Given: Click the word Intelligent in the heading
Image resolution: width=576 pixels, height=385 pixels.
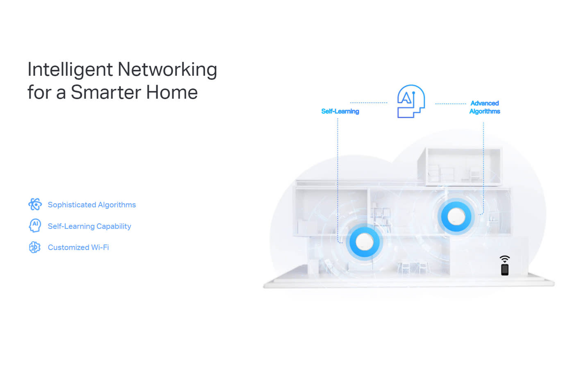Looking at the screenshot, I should tap(70, 70).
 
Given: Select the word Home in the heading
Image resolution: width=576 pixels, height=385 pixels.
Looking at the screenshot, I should tap(172, 93).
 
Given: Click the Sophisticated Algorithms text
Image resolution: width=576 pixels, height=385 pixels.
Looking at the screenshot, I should tap(92, 205).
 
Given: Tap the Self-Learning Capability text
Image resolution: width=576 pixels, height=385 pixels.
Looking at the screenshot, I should tap(89, 226).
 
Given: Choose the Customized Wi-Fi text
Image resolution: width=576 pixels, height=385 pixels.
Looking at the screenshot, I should tap(78, 247).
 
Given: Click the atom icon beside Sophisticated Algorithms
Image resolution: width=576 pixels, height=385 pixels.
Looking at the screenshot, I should tap(35, 204).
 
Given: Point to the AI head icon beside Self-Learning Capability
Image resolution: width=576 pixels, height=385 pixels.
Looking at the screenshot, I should tap(35, 225).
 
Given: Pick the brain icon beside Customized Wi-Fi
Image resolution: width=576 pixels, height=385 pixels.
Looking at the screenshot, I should tap(35, 247).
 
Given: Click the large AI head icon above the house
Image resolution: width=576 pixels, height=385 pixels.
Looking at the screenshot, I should tap(410, 101).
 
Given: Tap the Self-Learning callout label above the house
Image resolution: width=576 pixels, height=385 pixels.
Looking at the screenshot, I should tap(340, 111).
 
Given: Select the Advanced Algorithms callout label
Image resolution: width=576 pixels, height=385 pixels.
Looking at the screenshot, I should tap(485, 107).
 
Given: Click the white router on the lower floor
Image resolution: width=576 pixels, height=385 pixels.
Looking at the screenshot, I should tap(364, 242).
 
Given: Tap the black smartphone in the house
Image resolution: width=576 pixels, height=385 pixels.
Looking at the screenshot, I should tap(505, 269).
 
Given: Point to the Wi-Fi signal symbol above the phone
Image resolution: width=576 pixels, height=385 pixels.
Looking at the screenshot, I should tap(505, 259).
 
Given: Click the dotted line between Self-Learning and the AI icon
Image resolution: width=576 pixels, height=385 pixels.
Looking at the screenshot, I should tap(369, 103).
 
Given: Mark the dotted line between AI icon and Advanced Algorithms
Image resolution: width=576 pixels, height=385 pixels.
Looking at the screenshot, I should tap(451, 104).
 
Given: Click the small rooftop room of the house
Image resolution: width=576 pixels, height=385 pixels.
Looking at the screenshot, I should tap(463, 166).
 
